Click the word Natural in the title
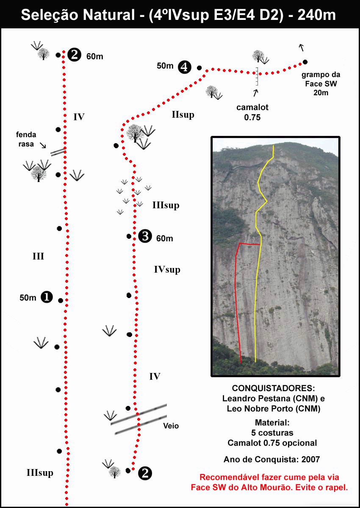pyautogui.click(x=109, y=15)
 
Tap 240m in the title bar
pyautogui.click(x=317, y=15)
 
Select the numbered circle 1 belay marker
pyautogui.click(x=47, y=297)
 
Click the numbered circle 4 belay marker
pyautogui.click(x=184, y=67)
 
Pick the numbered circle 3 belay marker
pyautogui.click(x=145, y=236)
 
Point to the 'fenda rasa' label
pyautogui.click(x=26, y=139)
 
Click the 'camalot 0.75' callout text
pyautogui.click(x=252, y=112)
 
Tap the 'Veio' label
pyautogui.click(x=171, y=426)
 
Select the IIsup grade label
pyautogui.click(x=183, y=115)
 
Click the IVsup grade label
pyautogui.click(x=167, y=270)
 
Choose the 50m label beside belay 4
pyautogui.click(x=165, y=66)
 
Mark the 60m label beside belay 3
pyautogui.click(x=164, y=239)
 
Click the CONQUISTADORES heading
pyautogui.click(x=273, y=388)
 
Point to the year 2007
pyautogui.click(x=310, y=459)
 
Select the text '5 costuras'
pyautogui.click(x=272, y=433)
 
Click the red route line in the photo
pyautogui.click(x=236, y=295)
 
